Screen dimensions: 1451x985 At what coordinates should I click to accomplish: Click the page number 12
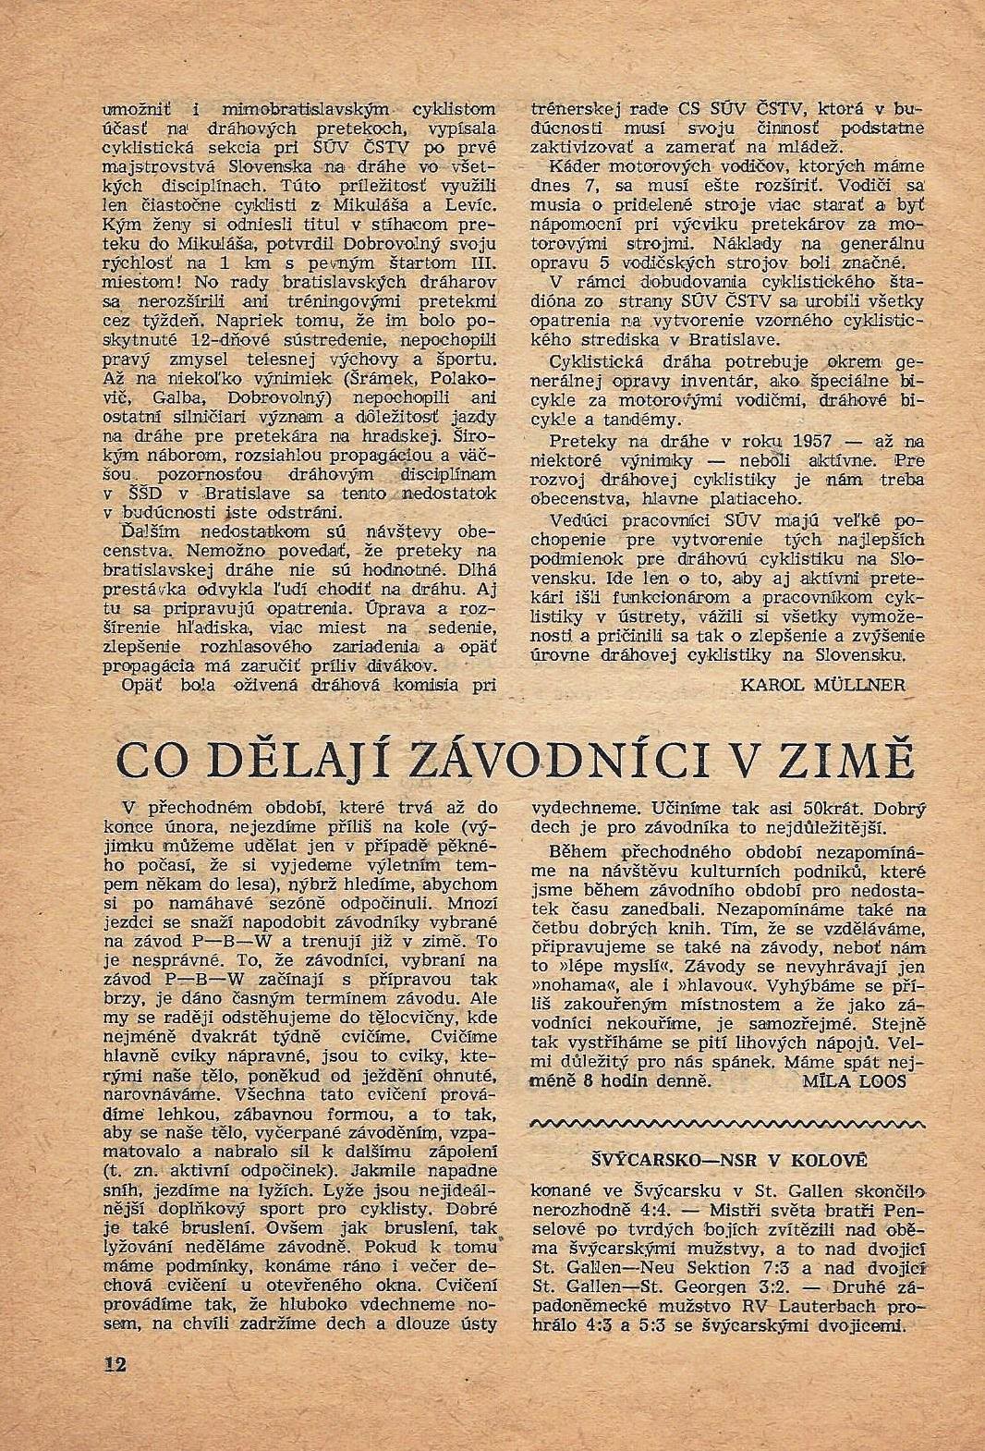click(x=115, y=1365)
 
